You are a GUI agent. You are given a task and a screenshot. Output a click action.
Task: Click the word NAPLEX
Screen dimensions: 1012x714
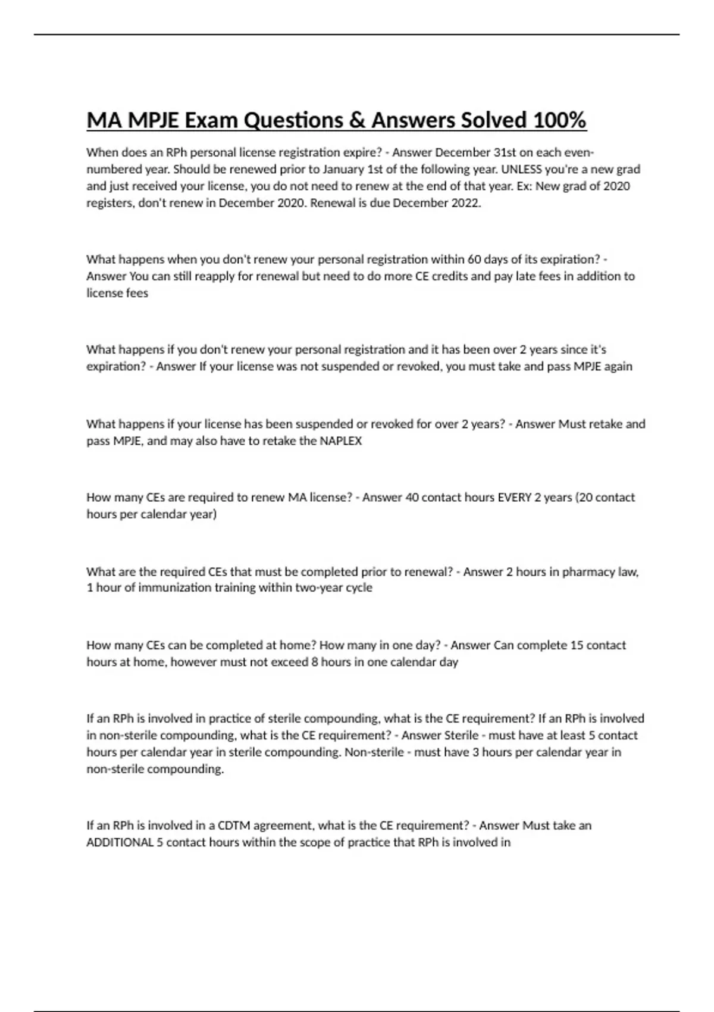[341, 441]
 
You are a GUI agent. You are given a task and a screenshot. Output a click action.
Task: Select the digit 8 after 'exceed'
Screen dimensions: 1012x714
[315, 661]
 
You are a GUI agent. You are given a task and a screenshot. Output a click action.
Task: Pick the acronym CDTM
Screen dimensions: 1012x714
[235, 825]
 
